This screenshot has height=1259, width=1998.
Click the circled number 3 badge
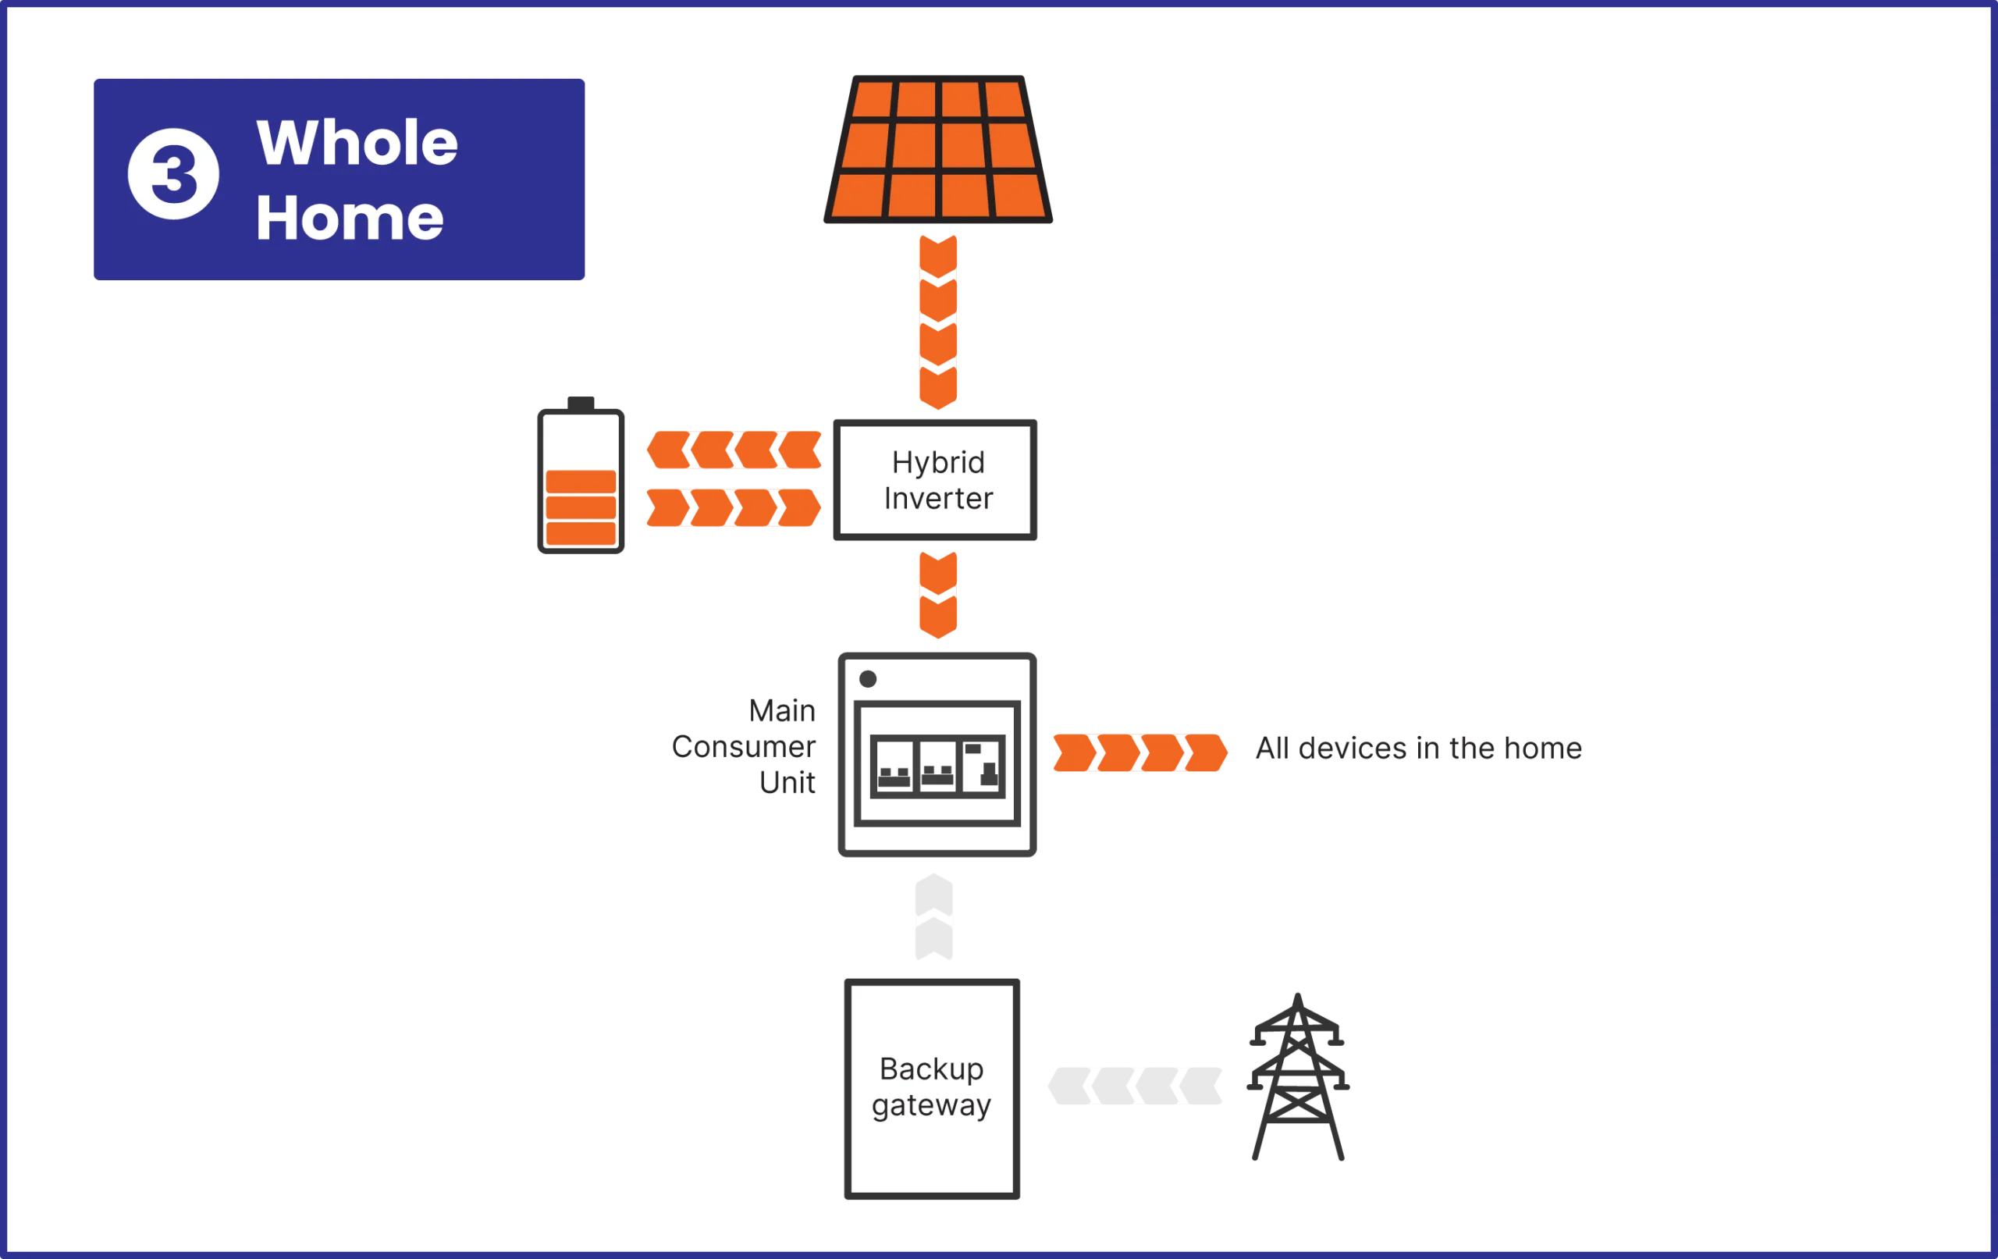(x=173, y=174)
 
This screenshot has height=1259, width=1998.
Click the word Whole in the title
(x=357, y=143)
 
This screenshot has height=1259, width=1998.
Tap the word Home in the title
(x=350, y=219)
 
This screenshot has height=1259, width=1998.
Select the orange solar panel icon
(x=937, y=149)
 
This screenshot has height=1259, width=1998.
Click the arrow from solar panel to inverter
(x=938, y=321)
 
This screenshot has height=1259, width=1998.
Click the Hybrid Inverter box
(x=936, y=481)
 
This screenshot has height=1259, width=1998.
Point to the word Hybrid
(x=937, y=462)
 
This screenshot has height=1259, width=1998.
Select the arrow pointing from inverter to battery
(x=734, y=450)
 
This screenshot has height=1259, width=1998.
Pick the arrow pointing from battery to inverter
(x=734, y=508)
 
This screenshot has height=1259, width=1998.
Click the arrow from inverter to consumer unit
(x=938, y=595)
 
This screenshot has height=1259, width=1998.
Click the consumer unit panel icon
(x=937, y=756)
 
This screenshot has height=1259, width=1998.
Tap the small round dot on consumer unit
(x=868, y=679)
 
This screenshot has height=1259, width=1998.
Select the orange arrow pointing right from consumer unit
(x=1139, y=752)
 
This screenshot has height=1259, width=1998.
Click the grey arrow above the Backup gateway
(x=933, y=916)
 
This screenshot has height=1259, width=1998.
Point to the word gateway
(x=931, y=1105)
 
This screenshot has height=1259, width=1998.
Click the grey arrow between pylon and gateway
(x=1133, y=1083)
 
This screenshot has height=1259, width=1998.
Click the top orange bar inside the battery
(x=581, y=482)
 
